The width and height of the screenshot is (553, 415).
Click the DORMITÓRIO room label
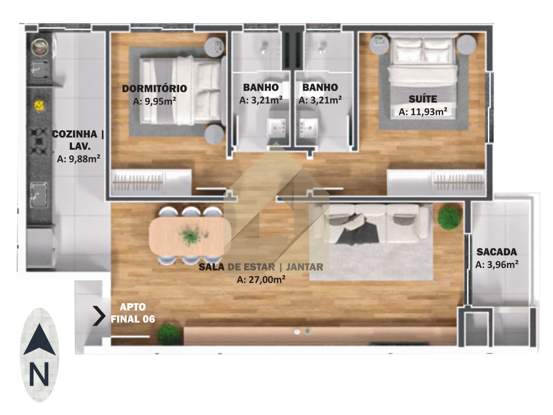coord(154,88)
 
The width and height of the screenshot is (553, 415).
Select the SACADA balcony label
coord(497,252)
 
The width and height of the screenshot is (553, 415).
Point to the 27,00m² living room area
coord(261,280)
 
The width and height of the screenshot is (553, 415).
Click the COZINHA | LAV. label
coord(78,139)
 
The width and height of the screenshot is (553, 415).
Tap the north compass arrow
coord(40,339)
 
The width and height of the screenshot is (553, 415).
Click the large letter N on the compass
coord(39,374)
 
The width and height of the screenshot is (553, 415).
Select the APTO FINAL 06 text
coord(133,313)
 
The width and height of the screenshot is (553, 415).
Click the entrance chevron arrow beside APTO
coord(99,315)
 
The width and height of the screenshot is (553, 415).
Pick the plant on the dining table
coord(191,236)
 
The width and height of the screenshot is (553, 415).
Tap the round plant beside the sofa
coord(449,218)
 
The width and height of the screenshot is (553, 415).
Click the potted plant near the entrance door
coord(169,334)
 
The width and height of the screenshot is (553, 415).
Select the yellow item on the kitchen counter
coord(39,105)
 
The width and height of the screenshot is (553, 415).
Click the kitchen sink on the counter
coord(38,194)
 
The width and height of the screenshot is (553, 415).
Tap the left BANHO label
coord(261,87)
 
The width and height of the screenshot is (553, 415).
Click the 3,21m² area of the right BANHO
coord(320,100)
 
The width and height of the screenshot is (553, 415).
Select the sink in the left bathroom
coord(278,127)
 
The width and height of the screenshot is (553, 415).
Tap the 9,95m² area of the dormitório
coord(154,101)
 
